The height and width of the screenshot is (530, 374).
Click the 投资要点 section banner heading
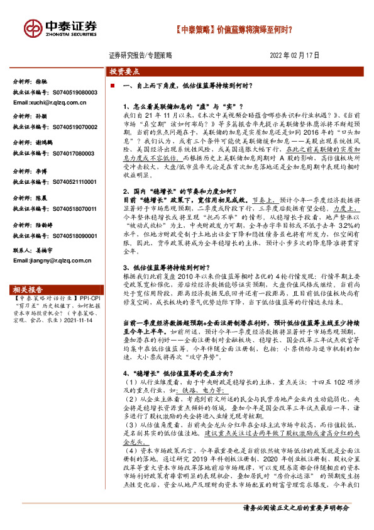coord(124,72)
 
